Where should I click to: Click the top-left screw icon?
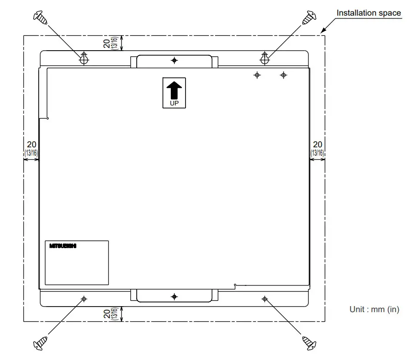(41, 18)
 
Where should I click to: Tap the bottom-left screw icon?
(41, 343)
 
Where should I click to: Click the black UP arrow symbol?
(174, 90)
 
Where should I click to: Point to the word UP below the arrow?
(174, 104)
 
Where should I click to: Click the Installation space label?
(368, 13)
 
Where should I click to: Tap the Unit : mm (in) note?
(374, 309)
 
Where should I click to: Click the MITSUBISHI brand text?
(63, 246)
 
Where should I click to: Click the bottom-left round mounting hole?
(84, 299)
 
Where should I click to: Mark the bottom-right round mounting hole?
(264, 299)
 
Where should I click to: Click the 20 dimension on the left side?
(31, 144)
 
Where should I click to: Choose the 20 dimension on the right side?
(317, 144)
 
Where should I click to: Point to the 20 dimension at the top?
(106, 44)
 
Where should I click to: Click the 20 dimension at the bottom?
(106, 314)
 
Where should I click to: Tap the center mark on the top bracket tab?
(174, 60)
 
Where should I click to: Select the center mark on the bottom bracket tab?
(174, 296)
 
